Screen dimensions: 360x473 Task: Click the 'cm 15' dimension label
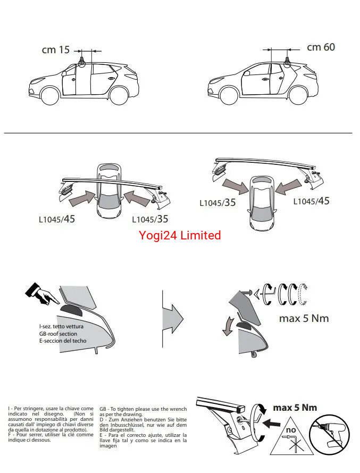pyautogui.click(x=56, y=50)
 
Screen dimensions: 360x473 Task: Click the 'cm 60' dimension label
pyautogui.click(x=321, y=47)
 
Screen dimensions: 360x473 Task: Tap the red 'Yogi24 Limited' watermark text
pyautogui.click(x=180, y=235)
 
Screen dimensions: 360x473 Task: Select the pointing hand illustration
pyautogui.click(x=42, y=294)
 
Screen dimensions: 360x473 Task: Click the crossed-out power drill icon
pyautogui.click(x=329, y=434)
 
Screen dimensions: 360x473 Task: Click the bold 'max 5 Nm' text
pyautogui.click(x=295, y=408)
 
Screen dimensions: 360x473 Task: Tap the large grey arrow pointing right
pyautogui.click(x=173, y=319)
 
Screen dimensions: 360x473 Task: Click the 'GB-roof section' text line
pyautogui.click(x=58, y=334)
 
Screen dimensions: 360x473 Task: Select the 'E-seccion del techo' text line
pyautogui.click(x=63, y=341)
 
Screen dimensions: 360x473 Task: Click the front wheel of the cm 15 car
pyautogui.click(x=50, y=95)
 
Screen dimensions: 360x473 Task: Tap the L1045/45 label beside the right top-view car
pyautogui.click(x=311, y=201)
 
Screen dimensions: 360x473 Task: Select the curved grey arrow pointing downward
pyautogui.click(x=228, y=326)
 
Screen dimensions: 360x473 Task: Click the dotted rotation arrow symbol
pyautogui.click(x=303, y=294)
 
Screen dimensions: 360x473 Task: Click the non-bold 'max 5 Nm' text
pyautogui.click(x=304, y=319)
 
